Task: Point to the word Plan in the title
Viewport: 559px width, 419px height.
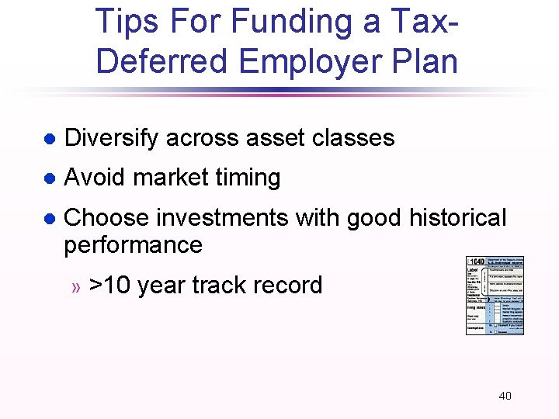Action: click(x=427, y=62)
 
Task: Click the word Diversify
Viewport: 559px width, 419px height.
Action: click(x=112, y=138)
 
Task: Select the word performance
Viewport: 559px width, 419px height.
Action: click(x=133, y=244)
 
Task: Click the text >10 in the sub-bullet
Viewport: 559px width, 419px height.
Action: click(x=110, y=286)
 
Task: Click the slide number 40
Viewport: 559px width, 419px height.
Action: click(x=505, y=396)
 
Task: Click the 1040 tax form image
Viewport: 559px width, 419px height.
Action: click(x=495, y=296)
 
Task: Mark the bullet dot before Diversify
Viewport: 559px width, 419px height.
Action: click(x=48, y=140)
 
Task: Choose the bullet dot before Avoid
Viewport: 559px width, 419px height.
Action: click(x=48, y=179)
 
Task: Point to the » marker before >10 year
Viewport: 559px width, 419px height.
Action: click(x=76, y=287)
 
